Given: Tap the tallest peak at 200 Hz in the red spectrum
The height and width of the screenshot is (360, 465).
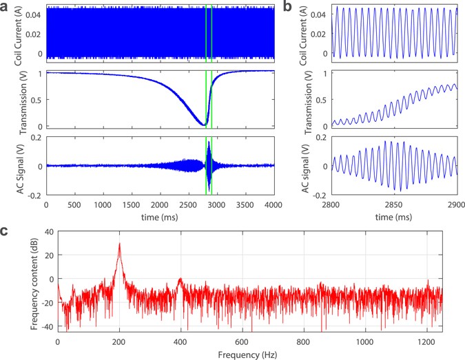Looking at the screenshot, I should pos(119,244).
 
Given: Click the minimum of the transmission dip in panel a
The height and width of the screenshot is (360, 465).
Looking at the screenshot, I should pos(205,125).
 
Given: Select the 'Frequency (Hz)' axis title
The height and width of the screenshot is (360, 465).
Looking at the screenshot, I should pos(249,354).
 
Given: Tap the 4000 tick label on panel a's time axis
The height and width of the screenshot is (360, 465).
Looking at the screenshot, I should pos(273,204).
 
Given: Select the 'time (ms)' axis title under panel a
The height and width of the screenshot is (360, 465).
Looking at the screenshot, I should pos(159,215).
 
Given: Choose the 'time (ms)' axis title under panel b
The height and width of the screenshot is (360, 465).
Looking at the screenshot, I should pos(393,215).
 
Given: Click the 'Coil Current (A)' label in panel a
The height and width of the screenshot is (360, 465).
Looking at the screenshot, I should pos(17,34).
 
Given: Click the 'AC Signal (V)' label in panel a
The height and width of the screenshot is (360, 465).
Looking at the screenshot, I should pos(17,165).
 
